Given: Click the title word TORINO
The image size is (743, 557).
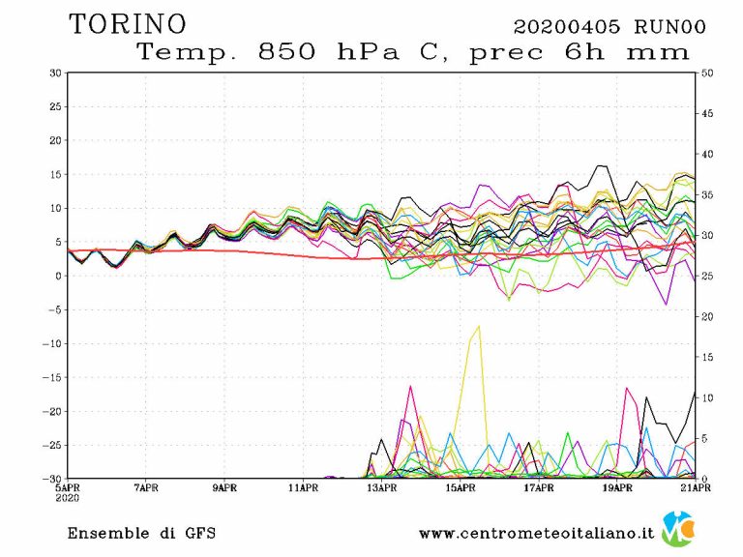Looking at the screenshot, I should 128,23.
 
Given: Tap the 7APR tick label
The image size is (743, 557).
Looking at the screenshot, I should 146,487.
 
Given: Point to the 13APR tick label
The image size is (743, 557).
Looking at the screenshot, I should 382,487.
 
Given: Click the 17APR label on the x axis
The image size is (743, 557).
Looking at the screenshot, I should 539,487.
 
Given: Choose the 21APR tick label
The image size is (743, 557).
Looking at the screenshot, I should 696,487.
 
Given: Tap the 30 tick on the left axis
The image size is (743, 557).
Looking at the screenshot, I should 55,73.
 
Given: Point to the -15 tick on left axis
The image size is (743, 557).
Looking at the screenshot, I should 52,377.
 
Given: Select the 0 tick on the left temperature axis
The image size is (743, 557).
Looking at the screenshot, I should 58,276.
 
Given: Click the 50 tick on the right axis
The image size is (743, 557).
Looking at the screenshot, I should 707,73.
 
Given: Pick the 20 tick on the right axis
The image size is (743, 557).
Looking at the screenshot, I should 707,316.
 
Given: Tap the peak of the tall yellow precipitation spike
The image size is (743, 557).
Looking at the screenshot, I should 478,326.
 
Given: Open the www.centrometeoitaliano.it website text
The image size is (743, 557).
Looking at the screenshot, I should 536,533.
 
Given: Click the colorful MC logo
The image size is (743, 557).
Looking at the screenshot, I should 680,529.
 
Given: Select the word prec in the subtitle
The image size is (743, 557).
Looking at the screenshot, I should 507,52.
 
